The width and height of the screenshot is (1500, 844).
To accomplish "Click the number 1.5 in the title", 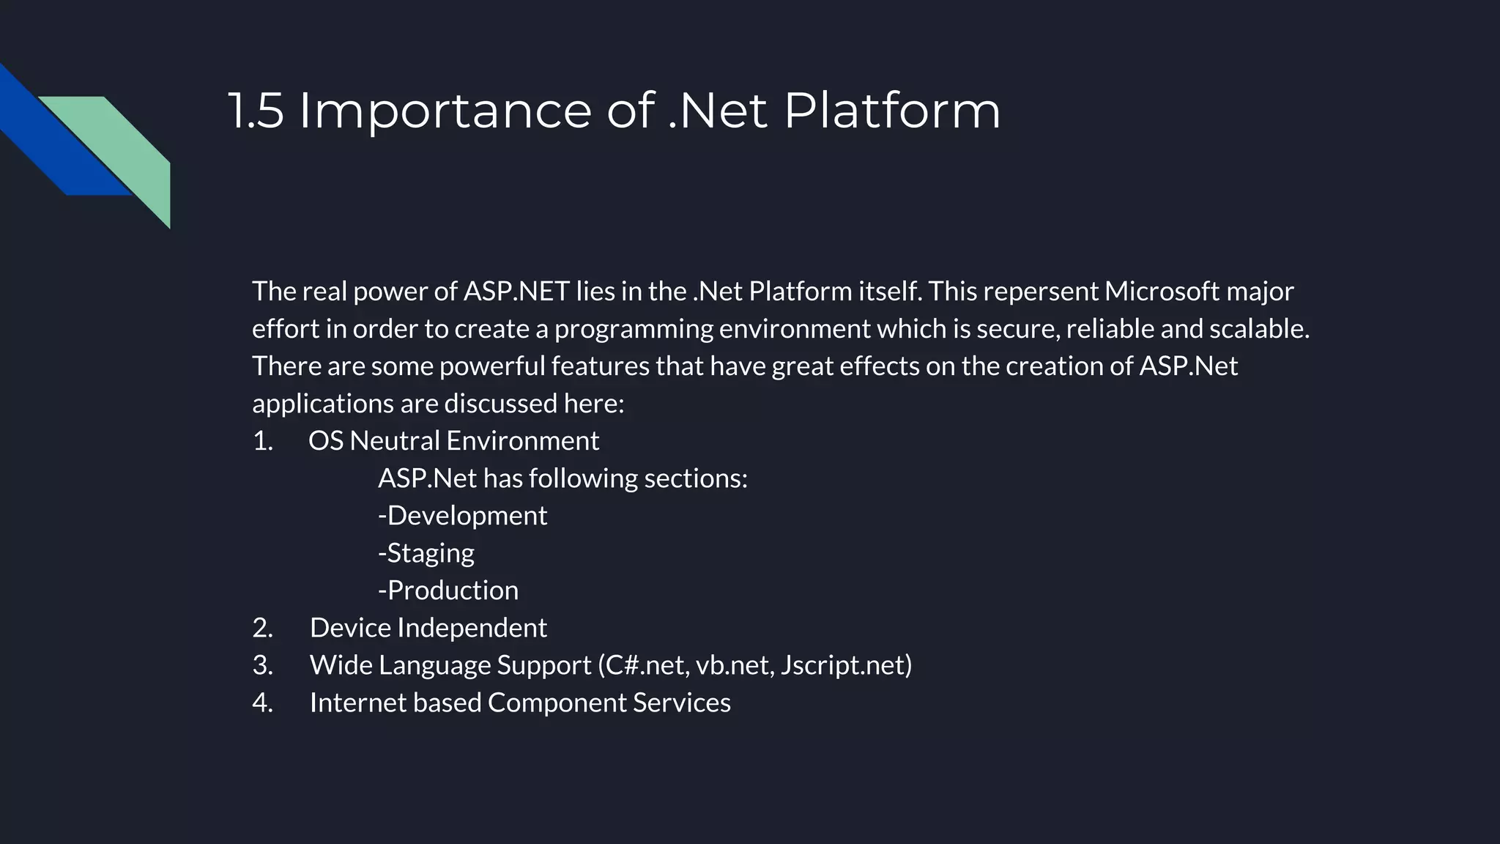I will point(256,111).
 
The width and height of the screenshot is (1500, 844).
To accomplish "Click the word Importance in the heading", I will point(445,111).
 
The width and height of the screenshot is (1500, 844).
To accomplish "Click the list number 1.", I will point(262,441).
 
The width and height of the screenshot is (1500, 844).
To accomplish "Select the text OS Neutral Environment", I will point(453,441).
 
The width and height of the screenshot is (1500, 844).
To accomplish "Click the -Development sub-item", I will point(462,516).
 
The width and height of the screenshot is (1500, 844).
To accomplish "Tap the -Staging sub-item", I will point(426,553).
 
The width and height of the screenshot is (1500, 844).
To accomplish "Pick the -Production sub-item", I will point(448,591).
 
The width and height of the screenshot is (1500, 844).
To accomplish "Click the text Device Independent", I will point(428,628).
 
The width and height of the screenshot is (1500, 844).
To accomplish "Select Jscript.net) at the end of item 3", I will point(846,665).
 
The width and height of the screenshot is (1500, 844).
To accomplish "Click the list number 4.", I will point(262,703).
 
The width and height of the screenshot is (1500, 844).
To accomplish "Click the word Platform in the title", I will point(891,111).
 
